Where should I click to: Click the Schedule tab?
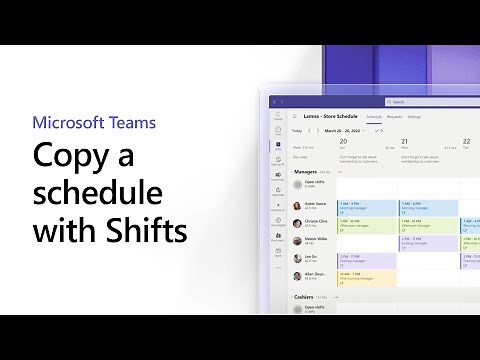(374, 117)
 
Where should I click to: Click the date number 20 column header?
(343, 141)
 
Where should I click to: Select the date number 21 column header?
(405, 141)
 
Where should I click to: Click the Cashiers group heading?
(305, 297)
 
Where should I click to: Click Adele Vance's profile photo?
(297, 206)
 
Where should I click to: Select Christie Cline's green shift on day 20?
(367, 226)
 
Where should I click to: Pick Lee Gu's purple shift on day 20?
(367, 260)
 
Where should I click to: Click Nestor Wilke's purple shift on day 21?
(428, 243)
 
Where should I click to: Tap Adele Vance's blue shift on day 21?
(428, 208)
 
